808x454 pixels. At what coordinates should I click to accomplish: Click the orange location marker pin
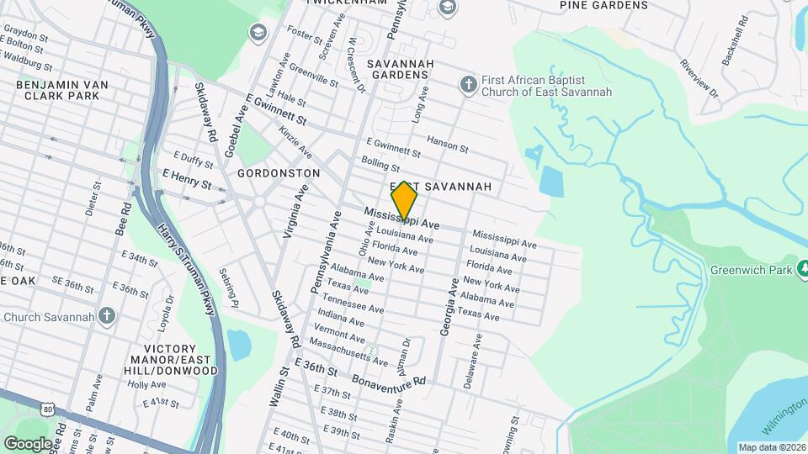405,203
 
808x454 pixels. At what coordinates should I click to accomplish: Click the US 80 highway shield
47,409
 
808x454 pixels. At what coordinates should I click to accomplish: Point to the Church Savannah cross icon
106,316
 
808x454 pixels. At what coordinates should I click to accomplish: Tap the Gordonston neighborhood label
278,172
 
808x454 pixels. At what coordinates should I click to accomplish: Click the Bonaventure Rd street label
389,379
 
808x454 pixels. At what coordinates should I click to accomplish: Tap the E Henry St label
186,179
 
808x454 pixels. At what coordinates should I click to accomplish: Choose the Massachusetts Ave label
348,351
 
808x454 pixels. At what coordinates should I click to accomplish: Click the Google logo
27,443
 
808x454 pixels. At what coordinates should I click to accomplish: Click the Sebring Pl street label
229,288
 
